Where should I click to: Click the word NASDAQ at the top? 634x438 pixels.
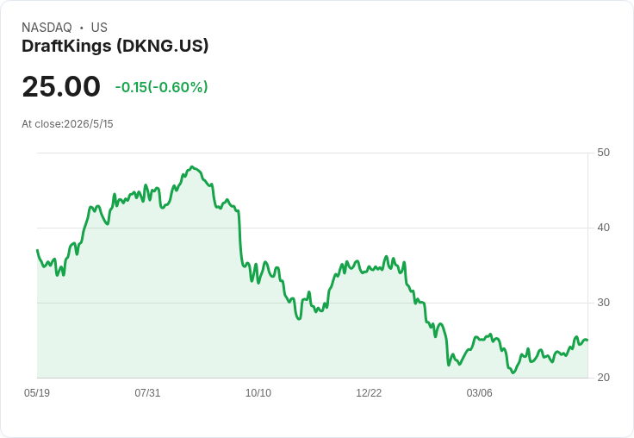47,28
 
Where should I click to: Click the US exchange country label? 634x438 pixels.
99,28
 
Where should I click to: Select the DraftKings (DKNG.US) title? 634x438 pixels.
115,47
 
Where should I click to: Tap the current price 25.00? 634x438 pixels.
61,86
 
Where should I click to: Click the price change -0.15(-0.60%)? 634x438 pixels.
161,87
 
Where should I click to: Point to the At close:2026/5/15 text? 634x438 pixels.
67,124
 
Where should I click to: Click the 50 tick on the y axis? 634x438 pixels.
603,153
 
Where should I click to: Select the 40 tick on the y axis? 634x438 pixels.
603,228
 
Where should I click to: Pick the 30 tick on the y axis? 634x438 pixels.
603,303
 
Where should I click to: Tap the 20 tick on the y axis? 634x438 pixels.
603,378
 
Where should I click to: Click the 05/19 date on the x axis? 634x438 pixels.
37,392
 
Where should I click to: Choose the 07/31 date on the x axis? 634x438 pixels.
147,392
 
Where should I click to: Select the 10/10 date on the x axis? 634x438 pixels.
258,392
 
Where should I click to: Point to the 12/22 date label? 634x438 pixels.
369,392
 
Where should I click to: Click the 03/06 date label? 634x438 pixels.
480,392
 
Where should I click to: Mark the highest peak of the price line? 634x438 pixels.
192,166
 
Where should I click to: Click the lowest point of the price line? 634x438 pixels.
513,372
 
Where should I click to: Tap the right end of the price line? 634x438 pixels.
587,340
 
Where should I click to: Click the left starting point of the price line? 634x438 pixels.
37,250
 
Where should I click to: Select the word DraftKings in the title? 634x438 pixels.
66,47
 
